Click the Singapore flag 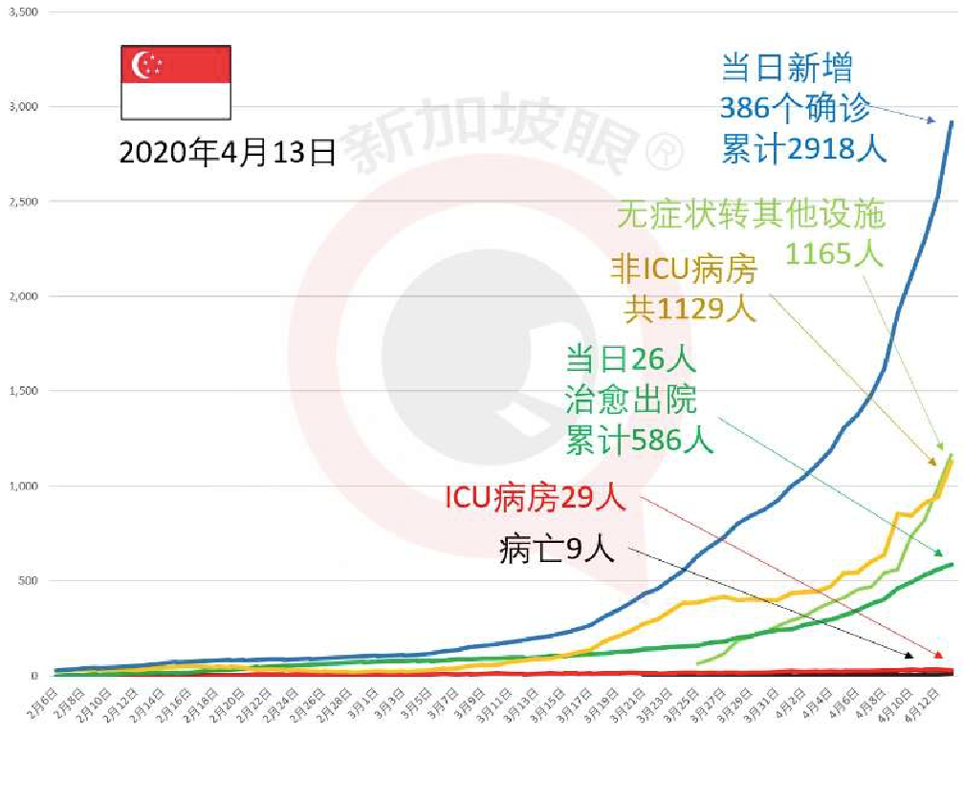pos(175,82)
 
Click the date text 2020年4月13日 pos(228,152)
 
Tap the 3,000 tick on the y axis pos(24,106)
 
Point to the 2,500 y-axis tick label pos(24,201)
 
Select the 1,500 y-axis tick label pos(24,390)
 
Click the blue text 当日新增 pos(786,68)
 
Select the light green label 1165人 pos(833,252)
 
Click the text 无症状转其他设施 pos(752,213)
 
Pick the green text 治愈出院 pos(631,399)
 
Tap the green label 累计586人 pos(639,440)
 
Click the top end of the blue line pos(951,122)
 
